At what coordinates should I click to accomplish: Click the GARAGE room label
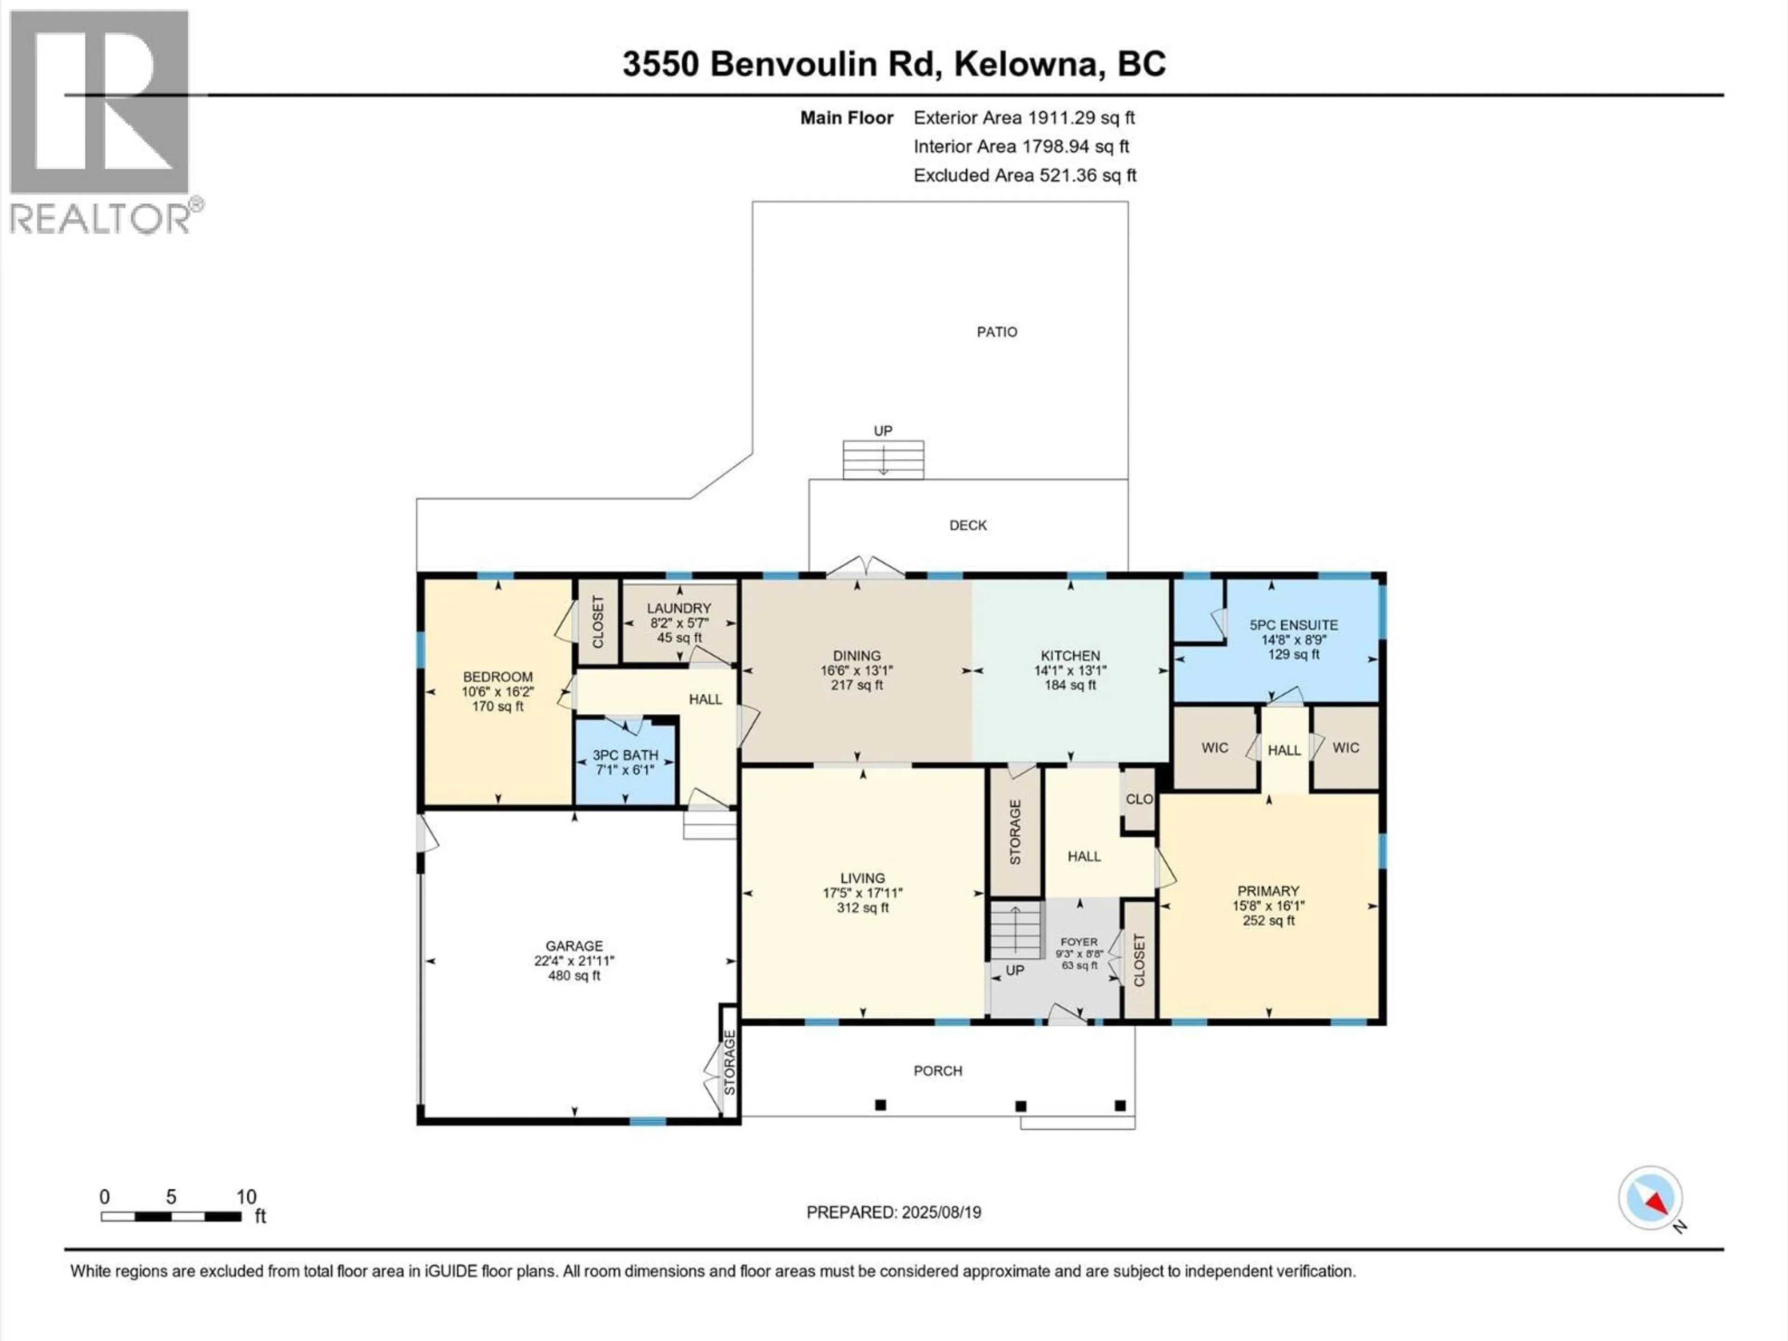(574, 946)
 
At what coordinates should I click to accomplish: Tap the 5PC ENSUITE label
(1294, 625)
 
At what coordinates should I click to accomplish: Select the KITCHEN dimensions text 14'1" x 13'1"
(1070, 670)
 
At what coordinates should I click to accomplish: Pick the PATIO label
(996, 332)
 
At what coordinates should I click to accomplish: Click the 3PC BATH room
(625, 762)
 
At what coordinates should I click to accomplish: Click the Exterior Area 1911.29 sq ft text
(1023, 118)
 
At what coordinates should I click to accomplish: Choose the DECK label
(968, 525)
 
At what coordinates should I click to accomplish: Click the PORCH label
(938, 1071)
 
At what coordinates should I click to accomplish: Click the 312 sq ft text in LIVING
(862, 908)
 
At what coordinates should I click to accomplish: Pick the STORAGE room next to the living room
(1015, 833)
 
